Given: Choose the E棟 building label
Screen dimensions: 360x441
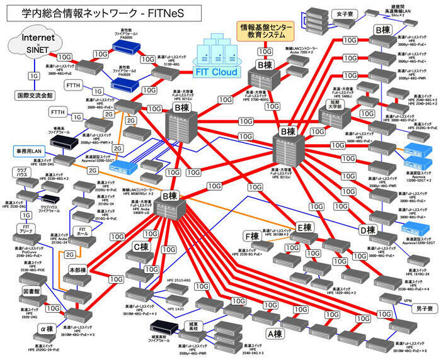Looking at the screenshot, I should point(305,227).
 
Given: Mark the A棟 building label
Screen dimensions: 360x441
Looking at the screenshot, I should point(274,334).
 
